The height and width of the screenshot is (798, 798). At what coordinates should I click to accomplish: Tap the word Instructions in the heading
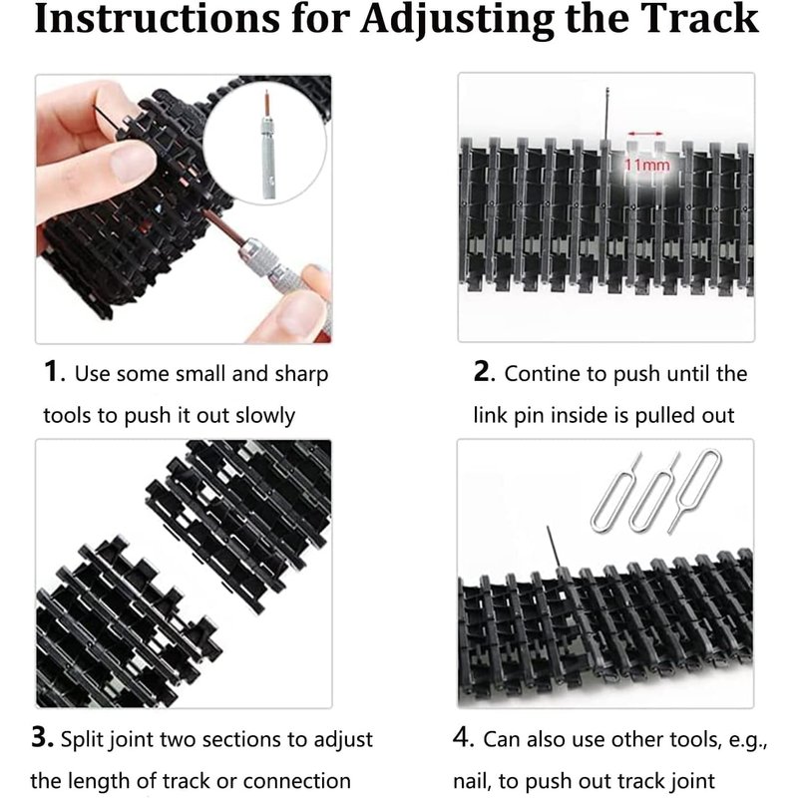157,18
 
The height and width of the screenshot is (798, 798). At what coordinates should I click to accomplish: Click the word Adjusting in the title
457,21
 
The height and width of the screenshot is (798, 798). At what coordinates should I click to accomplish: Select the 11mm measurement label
646,165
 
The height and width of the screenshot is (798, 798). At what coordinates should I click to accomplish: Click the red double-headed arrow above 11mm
645,134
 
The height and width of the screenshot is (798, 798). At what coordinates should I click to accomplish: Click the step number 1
53,371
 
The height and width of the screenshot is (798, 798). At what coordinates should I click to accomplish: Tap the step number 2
484,371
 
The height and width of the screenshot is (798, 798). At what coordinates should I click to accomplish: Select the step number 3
42,737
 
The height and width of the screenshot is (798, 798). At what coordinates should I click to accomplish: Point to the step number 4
464,737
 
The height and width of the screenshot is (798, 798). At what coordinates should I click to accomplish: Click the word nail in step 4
472,781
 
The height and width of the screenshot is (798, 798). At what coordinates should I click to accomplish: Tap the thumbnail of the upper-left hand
132,165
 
